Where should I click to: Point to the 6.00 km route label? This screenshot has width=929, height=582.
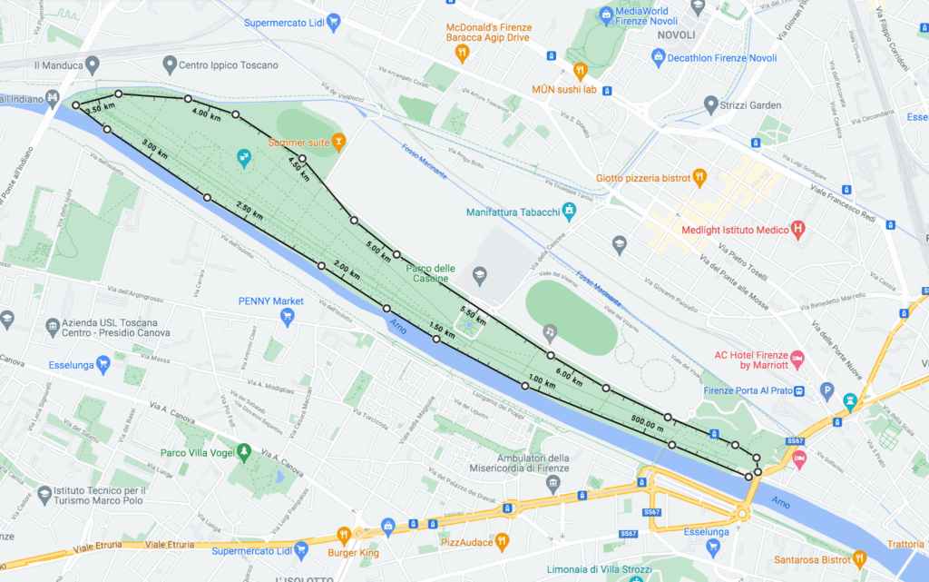tap(569, 372)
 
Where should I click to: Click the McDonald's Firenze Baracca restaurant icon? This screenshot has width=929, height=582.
tap(461, 53)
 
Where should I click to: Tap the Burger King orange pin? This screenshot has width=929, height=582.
tap(344, 534)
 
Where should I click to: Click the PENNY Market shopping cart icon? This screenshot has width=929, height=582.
tap(288, 318)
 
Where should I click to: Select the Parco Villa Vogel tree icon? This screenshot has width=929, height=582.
tap(244, 452)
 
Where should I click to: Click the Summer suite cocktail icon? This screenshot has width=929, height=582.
tap(338, 142)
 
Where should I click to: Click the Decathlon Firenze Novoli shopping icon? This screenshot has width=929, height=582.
tap(659, 58)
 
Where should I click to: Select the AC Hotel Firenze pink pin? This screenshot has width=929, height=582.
tap(797, 360)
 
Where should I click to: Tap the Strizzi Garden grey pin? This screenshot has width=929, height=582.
tap(711, 105)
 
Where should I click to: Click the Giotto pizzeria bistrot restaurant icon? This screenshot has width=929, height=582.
tap(699, 177)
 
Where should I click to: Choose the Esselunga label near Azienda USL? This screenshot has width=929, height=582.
tap(73, 366)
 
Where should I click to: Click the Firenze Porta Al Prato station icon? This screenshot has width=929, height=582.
tap(800, 391)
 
